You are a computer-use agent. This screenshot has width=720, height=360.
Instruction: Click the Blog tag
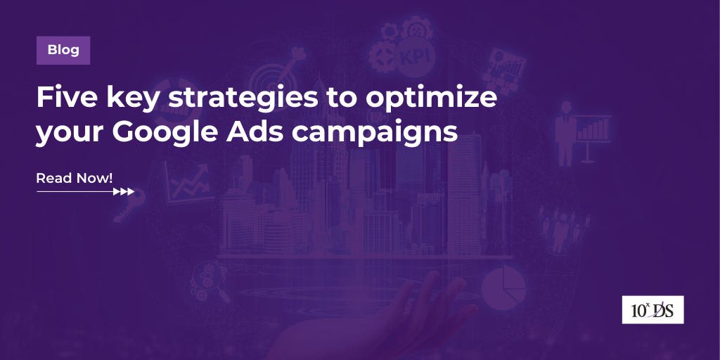point(63,50)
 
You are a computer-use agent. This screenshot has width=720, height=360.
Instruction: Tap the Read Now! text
point(74,178)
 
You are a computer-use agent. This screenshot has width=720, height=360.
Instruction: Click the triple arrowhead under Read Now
point(124,191)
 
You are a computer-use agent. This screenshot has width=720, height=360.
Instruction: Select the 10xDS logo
point(652,310)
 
